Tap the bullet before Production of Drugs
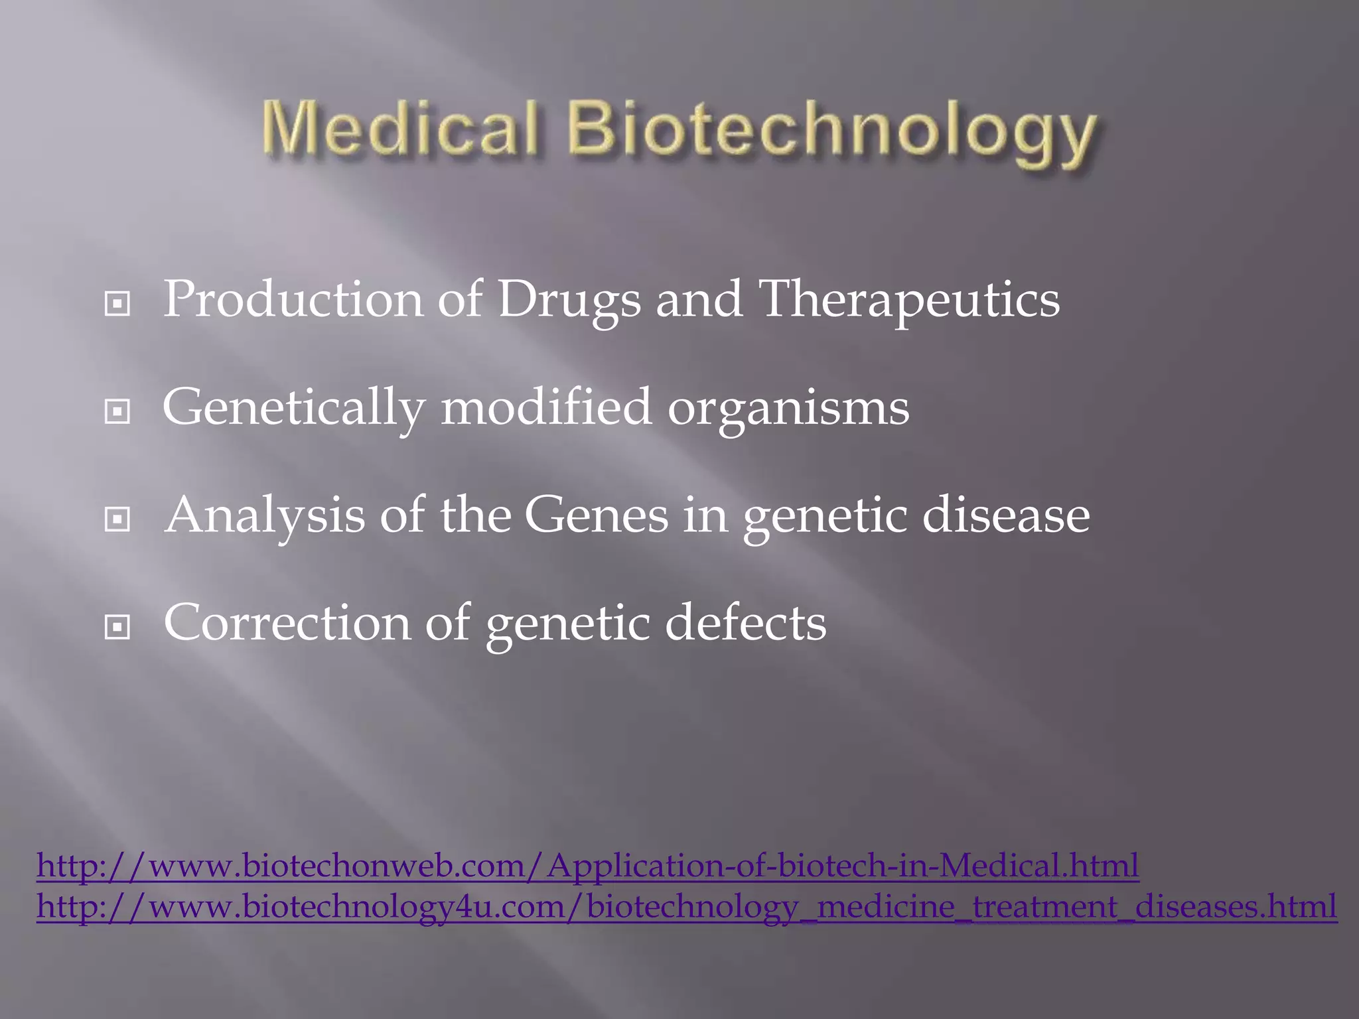coord(117,305)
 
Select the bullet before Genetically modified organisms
coord(117,412)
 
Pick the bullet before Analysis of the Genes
coord(117,519)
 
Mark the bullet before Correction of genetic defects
coord(117,627)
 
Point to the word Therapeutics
coord(908,301)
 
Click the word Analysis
coord(265,515)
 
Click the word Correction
coord(287,623)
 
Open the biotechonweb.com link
coord(587,865)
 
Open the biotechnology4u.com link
coord(686,906)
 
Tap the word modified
coord(546,407)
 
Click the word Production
coord(293,299)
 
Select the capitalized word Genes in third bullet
coord(597,515)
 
